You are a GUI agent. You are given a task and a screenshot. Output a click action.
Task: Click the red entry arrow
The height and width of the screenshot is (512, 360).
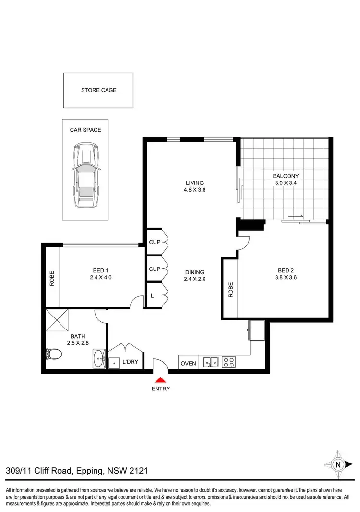pyautogui.click(x=161, y=380)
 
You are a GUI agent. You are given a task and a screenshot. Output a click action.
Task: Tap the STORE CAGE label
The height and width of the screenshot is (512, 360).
pyautogui.click(x=98, y=90)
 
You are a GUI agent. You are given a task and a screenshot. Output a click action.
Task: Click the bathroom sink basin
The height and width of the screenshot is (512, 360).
pyautogui.click(x=100, y=359)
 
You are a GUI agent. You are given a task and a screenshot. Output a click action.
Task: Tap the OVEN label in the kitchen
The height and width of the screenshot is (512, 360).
pyautogui.click(x=188, y=363)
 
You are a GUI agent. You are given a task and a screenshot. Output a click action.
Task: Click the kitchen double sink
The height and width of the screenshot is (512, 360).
pyautogui.click(x=211, y=362)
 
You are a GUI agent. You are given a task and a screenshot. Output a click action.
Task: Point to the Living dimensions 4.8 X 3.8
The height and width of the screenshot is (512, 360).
pyautogui.click(x=195, y=190)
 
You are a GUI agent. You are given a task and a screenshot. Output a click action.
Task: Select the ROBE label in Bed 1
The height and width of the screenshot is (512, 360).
pyautogui.click(x=52, y=279)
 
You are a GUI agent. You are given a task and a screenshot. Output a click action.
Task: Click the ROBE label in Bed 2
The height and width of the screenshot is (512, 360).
pyautogui.click(x=230, y=290)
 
